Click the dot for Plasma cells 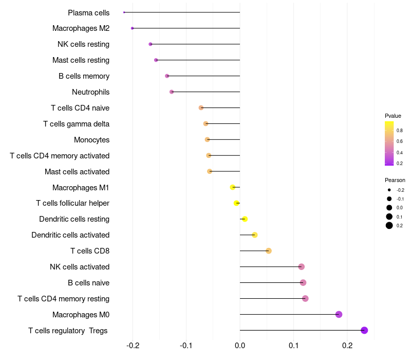click(x=124, y=12)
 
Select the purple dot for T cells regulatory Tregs click(x=364, y=330)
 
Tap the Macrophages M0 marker click(x=339, y=314)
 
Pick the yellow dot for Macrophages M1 click(x=233, y=187)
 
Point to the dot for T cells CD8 click(x=268, y=251)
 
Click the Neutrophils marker click(x=172, y=92)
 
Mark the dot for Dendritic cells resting click(x=245, y=219)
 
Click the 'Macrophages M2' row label click(x=81, y=28)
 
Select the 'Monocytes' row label click(x=91, y=140)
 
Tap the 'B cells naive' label click(x=88, y=283)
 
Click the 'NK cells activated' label click(x=80, y=267)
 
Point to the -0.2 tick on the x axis click(x=133, y=345)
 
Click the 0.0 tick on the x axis click(x=240, y=345)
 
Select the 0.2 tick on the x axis click(x=347, y=345)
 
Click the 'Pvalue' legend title click(x=393, y=116)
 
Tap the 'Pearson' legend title click(x=395, y=181)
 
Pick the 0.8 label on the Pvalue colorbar click(x=399, y=131)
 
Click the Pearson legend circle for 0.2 click(x=389, y=225)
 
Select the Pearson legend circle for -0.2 click(x=389, y=190)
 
